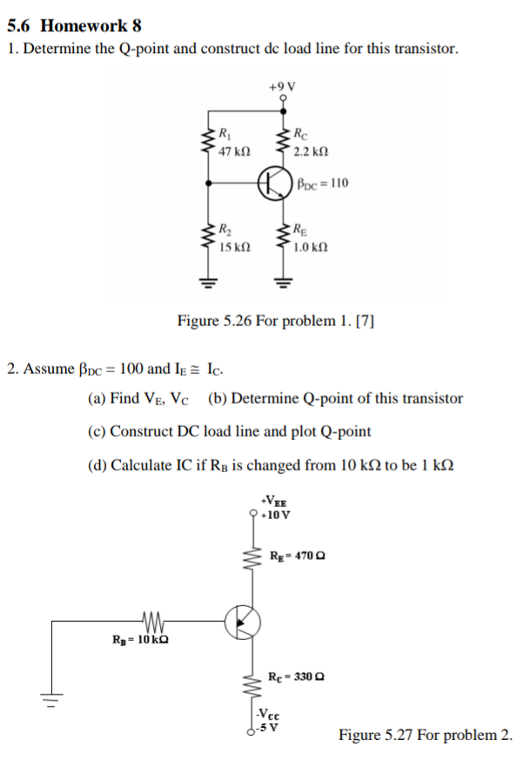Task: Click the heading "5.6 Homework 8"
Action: click(x=74, y=24)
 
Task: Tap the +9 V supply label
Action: click(x=283, y=86)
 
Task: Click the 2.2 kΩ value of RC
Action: click(x=311, y=151)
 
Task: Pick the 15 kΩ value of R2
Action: click(x=236, y=248)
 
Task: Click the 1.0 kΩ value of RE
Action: click(x=311, y=248)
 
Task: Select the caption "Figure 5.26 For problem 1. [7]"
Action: click(x=276, y=321)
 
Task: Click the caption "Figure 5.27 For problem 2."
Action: click(x=425, y=736)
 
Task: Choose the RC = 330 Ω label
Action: click(x=298, y=676)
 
